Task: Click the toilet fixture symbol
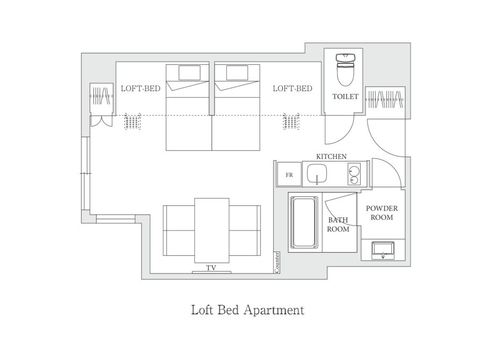345,69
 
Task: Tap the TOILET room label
345,97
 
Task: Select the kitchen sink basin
317,174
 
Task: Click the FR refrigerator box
289,174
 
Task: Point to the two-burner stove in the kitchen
354,174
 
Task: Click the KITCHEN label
332,157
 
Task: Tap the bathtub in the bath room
305,222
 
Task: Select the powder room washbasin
383,250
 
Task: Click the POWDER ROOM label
382,213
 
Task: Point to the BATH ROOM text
338,224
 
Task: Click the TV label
211,268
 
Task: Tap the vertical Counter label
277,263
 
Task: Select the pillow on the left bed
189,73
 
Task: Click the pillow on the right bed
237,73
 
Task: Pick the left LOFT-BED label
141,88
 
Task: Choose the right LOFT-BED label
292,88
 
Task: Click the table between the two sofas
212,231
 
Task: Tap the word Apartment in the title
274,311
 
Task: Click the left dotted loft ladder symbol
133,122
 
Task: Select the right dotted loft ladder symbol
291,122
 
